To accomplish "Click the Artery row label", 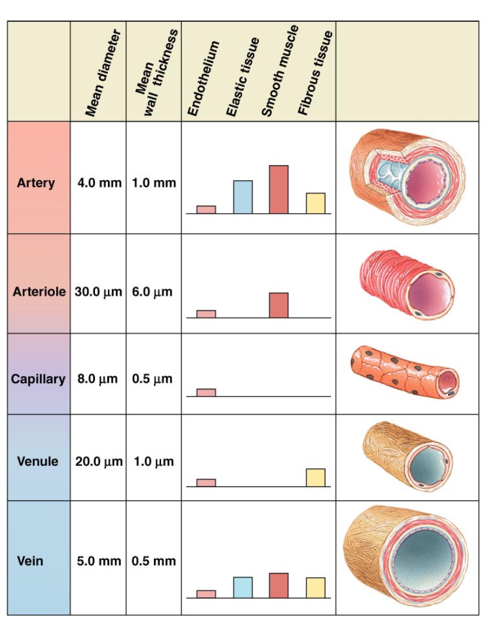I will tap(35, 182).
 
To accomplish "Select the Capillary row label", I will tap(38, 379).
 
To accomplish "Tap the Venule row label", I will tap(38, 461).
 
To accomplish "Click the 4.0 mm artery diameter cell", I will tap(99, 182).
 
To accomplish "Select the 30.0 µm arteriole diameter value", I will tap(98, 292).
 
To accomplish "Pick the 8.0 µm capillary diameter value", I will tap(97, 379).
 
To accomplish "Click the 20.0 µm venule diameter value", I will tap(98, 461).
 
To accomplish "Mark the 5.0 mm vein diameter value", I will tap(99, 560).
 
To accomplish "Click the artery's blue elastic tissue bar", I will tap(242, 197).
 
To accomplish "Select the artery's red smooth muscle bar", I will tap(278, 189).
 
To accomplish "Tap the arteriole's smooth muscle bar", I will tap(278, 305).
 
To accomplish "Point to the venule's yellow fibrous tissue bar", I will tap(315, 477).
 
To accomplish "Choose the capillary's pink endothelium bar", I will tap(206, 392).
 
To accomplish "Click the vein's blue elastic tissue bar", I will tap(242, 587).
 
